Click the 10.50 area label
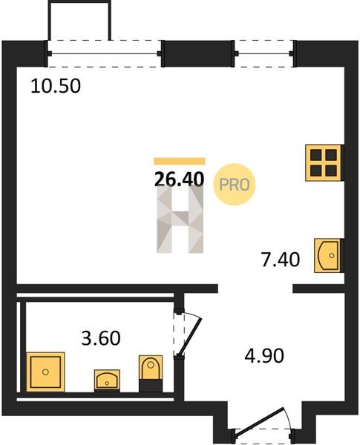[56, 86]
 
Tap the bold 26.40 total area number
[180, 179]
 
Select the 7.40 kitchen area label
[281, 260]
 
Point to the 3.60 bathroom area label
[101, 338]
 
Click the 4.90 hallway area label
[264, 355]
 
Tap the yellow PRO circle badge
[235, 185]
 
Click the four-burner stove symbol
[324, 162]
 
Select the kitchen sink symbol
[327, 255]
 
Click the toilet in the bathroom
[151, 374]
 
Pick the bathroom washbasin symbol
[107, 380]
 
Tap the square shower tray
[45, 372]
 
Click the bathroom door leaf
[190, 337]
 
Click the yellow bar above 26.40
[180, 161]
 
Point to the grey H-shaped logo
[180, 219]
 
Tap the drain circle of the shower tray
[45, 372]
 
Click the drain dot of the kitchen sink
[332, 255]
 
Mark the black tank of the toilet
[151, 386]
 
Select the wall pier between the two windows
[197, 53]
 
